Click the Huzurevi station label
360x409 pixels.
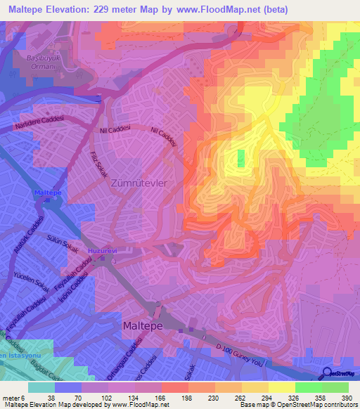tap(101, 249)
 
